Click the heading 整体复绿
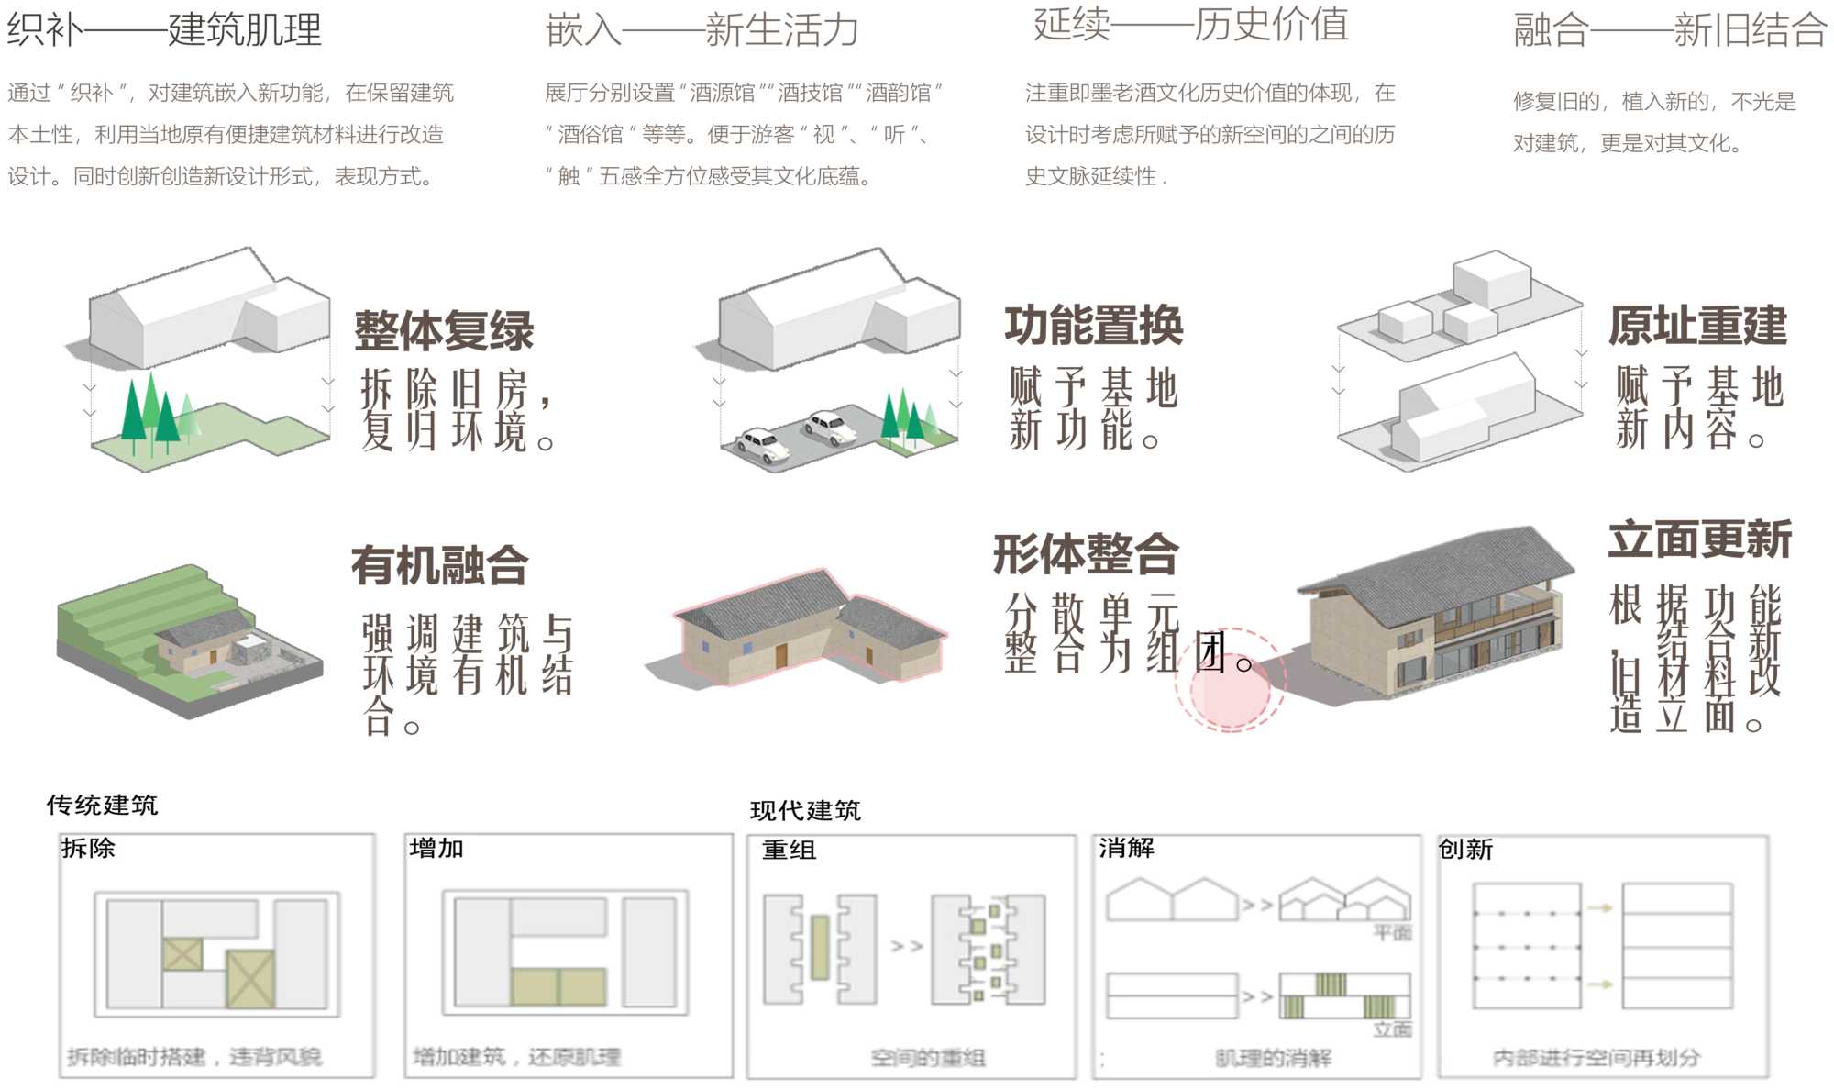pos(444,331)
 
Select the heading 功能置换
pos(1094,326)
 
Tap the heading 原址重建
pos(1698,326)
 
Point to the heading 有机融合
pos(440,565)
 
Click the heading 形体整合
pos(1086,554)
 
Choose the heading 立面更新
pos(1700,539)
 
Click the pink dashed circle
pos(1231,680)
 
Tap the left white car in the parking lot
pos(763,444)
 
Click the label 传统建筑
pos(103,806)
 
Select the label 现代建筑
pos(805,811)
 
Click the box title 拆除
pos(88,849)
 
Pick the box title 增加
pos(436,849)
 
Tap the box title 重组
pos(789,851)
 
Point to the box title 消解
pos(1126,849)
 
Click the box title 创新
pos(1465,850)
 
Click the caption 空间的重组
pos(928,1058)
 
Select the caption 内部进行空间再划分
pos(1596,1058)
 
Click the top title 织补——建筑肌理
pos(165,29)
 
